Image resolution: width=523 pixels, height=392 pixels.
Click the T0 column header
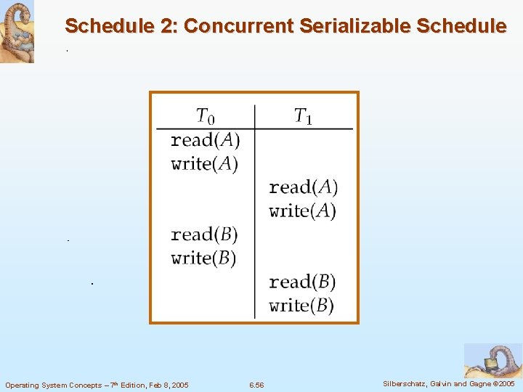tap(206, 116)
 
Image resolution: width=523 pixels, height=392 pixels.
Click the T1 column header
tap(303, 116)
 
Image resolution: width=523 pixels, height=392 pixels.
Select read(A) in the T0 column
tap(205, 139)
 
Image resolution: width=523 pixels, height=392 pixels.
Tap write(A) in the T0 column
tap(205, 163)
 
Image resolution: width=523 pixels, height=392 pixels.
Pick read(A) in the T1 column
tap(303, 187)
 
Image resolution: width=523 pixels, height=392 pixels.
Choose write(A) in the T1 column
tap(303, 211)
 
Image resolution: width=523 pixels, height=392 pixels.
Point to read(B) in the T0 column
tap(204, 234)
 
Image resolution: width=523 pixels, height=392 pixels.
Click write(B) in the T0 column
tap(203, 258)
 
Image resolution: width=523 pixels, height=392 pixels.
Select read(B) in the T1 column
tap(302, 282)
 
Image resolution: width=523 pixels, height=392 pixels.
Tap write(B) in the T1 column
tap(301, 305)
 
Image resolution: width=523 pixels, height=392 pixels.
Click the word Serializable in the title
tap(346, 26)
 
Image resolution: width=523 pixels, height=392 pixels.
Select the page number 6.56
tap(256, 385)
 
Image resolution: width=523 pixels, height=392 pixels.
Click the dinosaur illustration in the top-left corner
tap(17, 32)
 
